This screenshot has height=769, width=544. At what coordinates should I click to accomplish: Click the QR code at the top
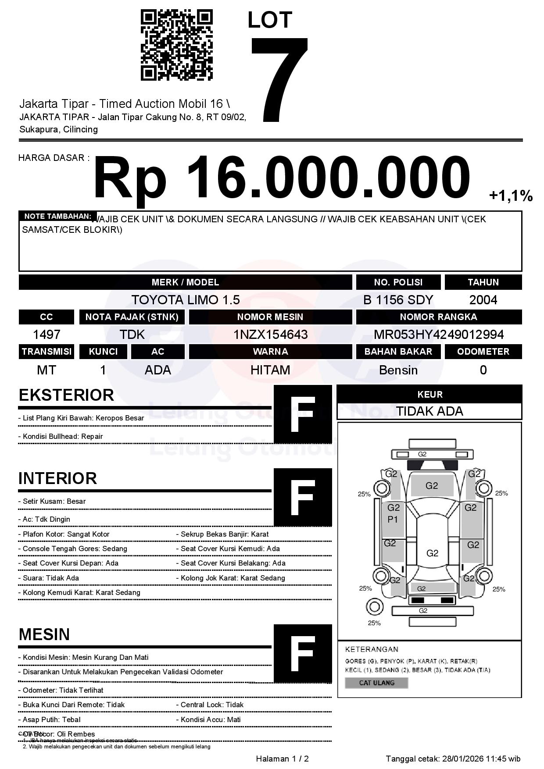176,46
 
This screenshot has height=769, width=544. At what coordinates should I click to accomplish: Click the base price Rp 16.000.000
281,179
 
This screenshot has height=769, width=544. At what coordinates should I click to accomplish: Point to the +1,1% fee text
511,196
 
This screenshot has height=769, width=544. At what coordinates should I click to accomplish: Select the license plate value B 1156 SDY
398,300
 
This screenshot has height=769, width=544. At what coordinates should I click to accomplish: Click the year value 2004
483,300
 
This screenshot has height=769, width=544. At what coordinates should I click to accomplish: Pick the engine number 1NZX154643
270,335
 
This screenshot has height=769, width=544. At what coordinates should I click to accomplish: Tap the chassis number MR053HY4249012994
439,335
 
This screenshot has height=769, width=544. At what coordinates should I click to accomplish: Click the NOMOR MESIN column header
270,317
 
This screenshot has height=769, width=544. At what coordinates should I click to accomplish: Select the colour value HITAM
270,370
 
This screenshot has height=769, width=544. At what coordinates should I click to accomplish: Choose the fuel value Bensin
398,370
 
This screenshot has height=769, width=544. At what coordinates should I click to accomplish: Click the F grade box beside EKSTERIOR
303,414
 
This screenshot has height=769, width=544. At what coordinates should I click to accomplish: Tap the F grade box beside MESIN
303,654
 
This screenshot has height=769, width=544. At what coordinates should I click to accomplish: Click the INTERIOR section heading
57,478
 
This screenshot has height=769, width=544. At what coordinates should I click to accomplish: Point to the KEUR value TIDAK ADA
429,411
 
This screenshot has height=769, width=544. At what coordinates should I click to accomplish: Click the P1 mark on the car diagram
393,520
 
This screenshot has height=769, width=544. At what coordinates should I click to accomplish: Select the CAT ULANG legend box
376,683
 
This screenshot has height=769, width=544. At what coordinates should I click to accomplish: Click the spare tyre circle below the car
374,607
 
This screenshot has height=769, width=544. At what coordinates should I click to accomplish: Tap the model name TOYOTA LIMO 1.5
186,300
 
